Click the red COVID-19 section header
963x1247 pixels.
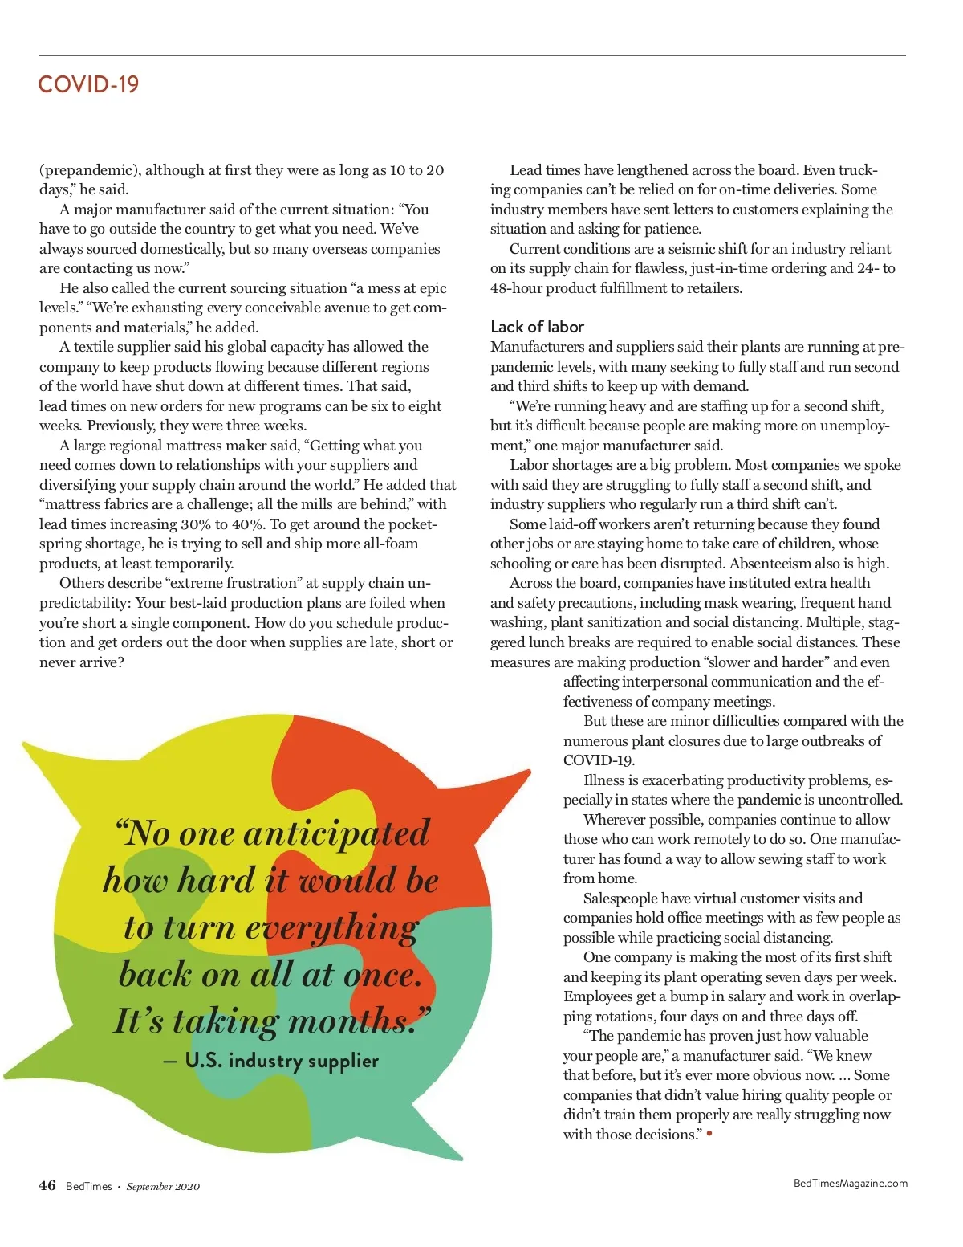pyautogui.click(x=88, y=84)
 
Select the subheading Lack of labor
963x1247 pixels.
pyautogui.click(x=537, y=327)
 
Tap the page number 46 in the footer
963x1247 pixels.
pyautogui.click(x=47, y=1185)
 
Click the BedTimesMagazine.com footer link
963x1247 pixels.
pyautogui.click(x=850, y=1183)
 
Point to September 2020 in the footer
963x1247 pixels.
pyautogui.click(x=163, y=1186)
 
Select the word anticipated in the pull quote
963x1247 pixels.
pyautogui.click(x=336, y=833)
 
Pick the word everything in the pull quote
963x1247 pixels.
pyautogui.click(x=331, y=927)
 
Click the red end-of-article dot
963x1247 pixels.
pyautogui.click(x=709, y=1133)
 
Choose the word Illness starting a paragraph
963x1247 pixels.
pyautogui.click(x=603, y=780)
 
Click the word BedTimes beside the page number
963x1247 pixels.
pyautogui.click(x=88, y=1186)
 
